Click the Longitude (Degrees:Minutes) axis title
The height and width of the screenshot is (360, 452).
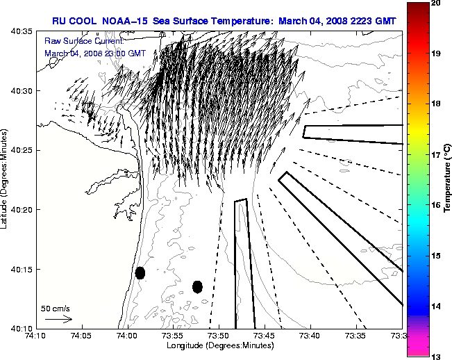tap(218, 345)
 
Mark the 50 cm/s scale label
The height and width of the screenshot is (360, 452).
tap(56, 309)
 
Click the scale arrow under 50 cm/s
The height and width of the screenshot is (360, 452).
tap(58, 319)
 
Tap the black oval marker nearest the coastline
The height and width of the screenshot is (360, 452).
tap(140, 272)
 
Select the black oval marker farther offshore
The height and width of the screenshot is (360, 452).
tap(197, 286)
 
